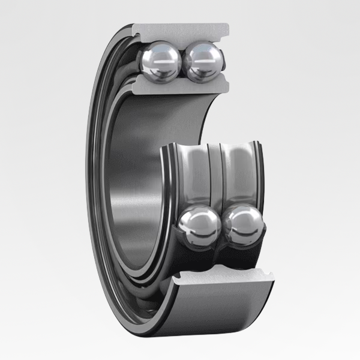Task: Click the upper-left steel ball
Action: (159, 61)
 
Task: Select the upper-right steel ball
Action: (203, 60)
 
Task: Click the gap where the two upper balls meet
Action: (181, 62)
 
